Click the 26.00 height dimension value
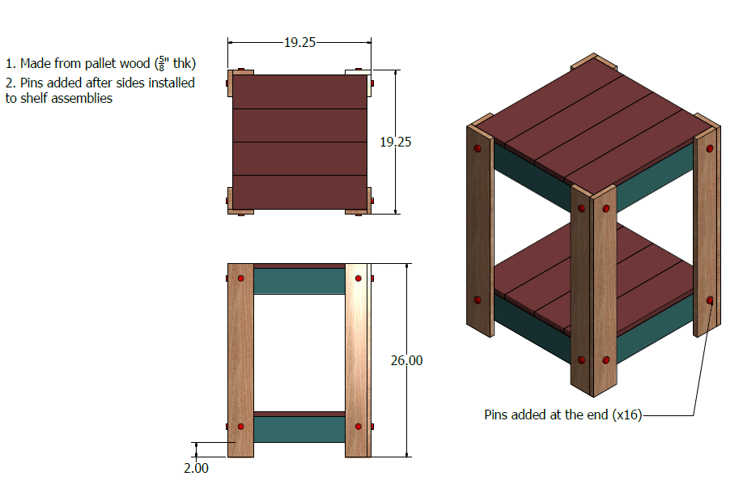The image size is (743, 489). [x=406, y=360]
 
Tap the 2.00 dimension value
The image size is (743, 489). [x=196, y=468]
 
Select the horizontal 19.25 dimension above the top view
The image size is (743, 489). [x=300, y=43]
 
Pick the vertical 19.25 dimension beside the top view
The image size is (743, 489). [x=396, y=142]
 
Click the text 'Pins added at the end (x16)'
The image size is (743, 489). [x=563, y=415]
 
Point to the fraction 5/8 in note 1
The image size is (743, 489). [x=162, y=63]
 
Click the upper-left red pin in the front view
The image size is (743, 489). [x=240, y=279]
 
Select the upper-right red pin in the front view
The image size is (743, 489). [x=359, y=279]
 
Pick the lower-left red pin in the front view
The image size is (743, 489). [x=240, y=427]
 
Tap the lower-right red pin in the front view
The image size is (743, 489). [x=359, y=427]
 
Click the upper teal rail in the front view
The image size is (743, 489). [x=299, y=281]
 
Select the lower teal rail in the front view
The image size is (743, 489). [x=299, y=429]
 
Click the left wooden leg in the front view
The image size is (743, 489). [x=240, y=360]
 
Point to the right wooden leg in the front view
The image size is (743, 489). [x=357, y=360]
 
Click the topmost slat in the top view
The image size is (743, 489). [x=300, y=92]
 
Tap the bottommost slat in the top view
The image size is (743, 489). [x=300, y=193]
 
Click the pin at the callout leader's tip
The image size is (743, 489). [x=710, y=300]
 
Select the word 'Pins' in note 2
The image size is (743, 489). [x=32, y=83]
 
